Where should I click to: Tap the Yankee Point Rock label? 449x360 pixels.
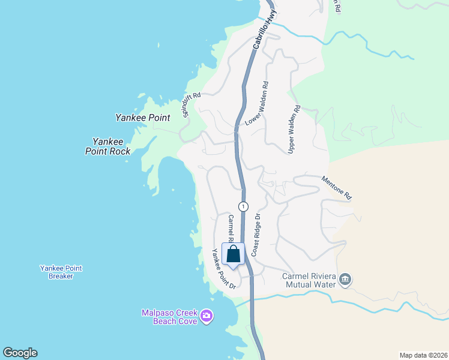(x=108, y=146)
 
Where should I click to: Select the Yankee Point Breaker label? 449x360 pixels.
(x=61, y=272)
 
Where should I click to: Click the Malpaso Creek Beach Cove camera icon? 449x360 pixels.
(x=207, y=316)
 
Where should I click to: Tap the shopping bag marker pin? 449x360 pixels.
(x=233, y=254)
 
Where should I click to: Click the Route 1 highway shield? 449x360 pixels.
(x=243, y=206)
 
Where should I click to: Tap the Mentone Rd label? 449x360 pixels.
(x=336, y=187)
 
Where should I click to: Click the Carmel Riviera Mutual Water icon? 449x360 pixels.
(x=345, y=279)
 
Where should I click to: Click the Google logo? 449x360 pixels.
(x=20, y=353)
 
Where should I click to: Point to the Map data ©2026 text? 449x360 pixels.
(x=423, y=355)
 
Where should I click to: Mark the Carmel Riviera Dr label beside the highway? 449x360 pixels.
(x=231, y=229)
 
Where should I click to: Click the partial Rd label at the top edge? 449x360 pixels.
(x=338, y=7)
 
